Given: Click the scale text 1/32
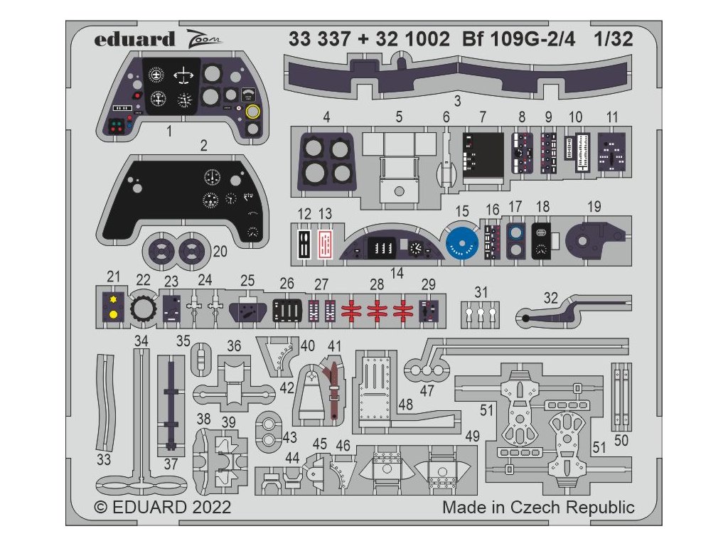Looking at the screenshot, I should point(613,40).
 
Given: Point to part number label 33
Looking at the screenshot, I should point(104,460).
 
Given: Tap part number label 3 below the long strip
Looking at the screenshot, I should point(457,100).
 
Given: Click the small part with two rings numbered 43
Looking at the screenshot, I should point(269,429).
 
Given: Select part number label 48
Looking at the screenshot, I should point(406,405).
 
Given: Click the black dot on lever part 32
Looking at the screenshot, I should point(525,318).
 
